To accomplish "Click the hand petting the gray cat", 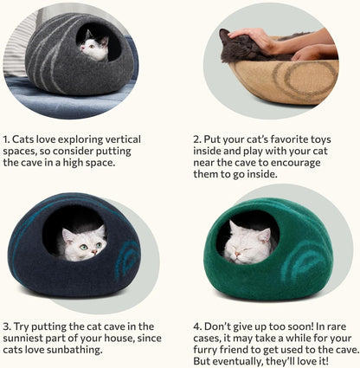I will tap(260, 38).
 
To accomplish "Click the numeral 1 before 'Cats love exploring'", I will tap(6, 139).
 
